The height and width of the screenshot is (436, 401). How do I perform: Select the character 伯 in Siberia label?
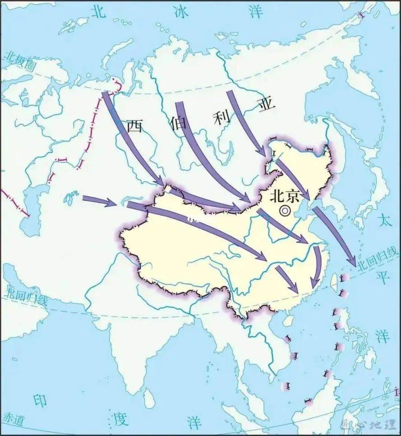point(178,122)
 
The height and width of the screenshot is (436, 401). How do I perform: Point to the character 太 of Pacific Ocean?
point(384,221)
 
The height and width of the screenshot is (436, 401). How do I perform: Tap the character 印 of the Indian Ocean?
point(41,400)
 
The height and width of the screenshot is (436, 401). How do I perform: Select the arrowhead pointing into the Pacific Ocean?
point(351,262)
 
